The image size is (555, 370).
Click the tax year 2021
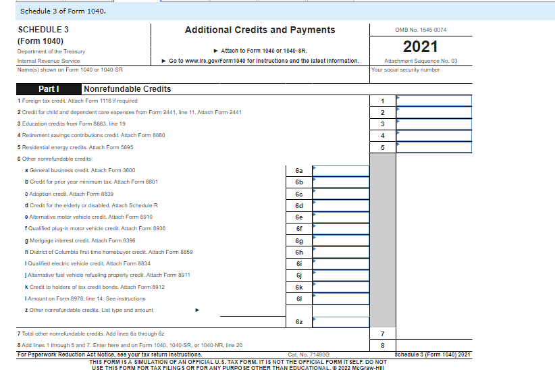coord(421,47)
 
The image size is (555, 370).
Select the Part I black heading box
coord(49,89)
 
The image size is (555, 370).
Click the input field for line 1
coord(433,101)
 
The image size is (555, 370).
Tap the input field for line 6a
coord(340,171)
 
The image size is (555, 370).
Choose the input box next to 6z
coord(340,322)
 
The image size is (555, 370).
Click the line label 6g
coord(299,241)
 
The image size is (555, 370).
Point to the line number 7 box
coord(382,334)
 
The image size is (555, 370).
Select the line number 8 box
coord(382,346)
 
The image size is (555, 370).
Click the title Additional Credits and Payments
coord(260,30)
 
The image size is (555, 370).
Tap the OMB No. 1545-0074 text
coord(421,30)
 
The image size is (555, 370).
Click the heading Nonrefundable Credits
coord(128,89)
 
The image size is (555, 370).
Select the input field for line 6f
coord(340,229)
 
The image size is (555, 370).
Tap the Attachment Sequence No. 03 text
coord(421,61)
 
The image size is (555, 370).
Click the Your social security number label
coord(406,70)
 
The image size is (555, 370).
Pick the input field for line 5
coord(433,147)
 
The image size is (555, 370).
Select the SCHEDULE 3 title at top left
coord(43,30)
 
